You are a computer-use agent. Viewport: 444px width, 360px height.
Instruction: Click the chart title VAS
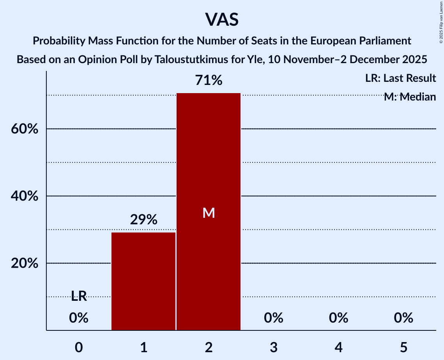point(221,19)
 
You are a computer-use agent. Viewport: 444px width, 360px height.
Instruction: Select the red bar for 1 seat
point(143,281)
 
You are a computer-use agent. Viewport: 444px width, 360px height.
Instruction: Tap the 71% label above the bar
point(209,81)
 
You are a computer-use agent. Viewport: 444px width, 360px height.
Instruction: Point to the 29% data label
point(143,220)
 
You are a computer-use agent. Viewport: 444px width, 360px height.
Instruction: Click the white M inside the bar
point(209,213)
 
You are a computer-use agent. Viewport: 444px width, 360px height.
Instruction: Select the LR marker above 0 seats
point(79,296)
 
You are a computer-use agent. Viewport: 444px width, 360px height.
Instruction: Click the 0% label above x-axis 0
point(79,318)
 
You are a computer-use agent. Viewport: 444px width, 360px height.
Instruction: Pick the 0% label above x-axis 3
point(274,318)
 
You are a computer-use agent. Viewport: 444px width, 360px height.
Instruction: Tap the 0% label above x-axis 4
point(338,318)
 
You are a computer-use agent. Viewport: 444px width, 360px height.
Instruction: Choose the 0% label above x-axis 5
point(403,318)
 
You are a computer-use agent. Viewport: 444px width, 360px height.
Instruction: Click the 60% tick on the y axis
point(24,129)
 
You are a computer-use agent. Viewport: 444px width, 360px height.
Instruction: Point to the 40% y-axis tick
point(24,196)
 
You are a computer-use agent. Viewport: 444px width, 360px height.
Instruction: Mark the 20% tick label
point(24,264)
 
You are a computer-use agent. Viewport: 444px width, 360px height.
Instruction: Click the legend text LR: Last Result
point(400,78)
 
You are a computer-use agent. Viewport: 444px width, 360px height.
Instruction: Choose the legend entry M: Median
point(410,97)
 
